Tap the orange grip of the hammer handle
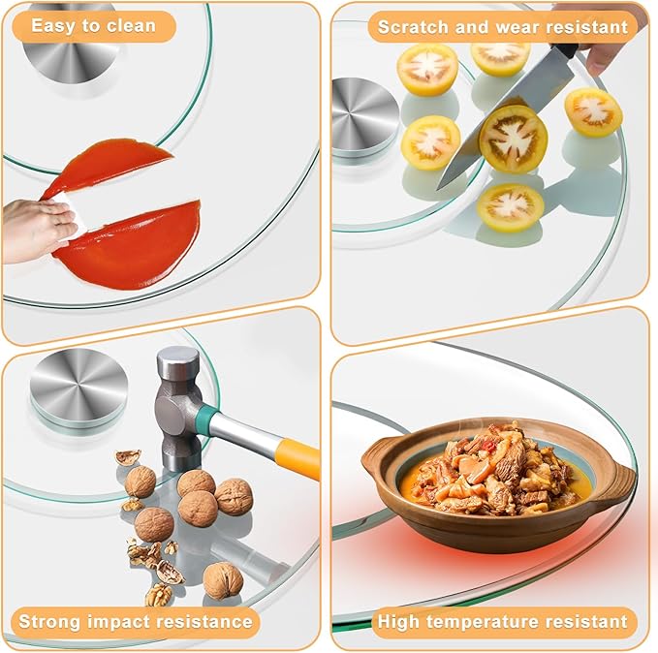tap(298, 457)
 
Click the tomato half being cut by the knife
tap(513, 140)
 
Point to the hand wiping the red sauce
tap(36, 229)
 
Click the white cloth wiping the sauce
tap(72, 212)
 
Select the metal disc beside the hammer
tap(78, 387)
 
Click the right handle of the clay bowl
tap(618, 483)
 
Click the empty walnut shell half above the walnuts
tap(128, 457)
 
